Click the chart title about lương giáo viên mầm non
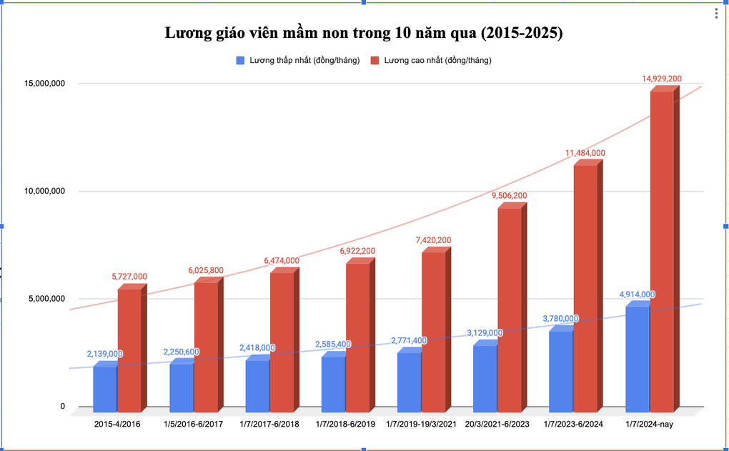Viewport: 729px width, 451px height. coord(364,33)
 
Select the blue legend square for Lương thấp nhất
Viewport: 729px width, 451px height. coord(240,61)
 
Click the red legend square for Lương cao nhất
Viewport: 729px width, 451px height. coord(375,61)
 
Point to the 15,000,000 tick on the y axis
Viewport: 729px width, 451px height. coord(44,84)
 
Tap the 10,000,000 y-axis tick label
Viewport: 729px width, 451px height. coord(44,192)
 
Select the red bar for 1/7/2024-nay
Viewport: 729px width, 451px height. coord(661,250)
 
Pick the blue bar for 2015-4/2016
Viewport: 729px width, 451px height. coord(105,388)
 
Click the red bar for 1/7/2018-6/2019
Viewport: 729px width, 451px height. coord(357,336)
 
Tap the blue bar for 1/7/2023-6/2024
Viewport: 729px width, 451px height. coord(561,370)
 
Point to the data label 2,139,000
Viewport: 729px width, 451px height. coord(105,354)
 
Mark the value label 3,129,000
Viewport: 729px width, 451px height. coord(485,333)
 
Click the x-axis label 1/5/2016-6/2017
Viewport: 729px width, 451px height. coord(193,425)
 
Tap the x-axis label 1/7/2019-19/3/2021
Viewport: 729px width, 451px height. coord(421,425)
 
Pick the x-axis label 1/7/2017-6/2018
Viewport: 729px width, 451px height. coord(269,425)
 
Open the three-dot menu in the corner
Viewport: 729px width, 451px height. coord(716,14)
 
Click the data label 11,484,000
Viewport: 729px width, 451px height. coord(585,153)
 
